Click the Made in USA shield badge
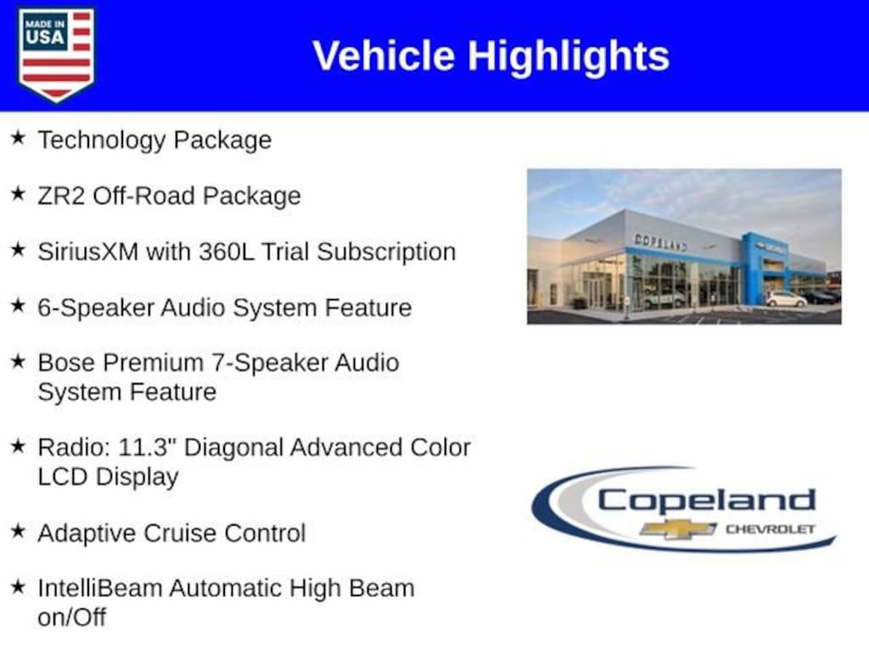tap(56, 54)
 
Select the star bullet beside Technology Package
tap(18, 138)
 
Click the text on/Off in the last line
tap(72, 616)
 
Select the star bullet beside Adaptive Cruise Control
tap(18, 532)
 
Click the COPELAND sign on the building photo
tap(660, 242)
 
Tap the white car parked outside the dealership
tap(785, 299)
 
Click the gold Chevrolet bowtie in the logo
tap(678, 529)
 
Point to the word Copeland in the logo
tap(706, 500)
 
